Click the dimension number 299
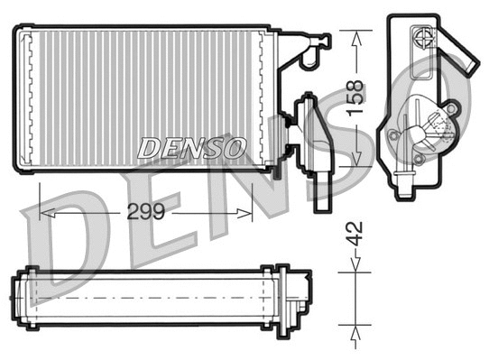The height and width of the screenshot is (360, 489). pyautogui.click(x=144, y=214)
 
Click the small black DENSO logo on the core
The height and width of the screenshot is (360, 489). pyautogui.click(x=191, y=147)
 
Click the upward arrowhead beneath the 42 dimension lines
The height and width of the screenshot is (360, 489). pyautogui.click(x=355, y=328)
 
